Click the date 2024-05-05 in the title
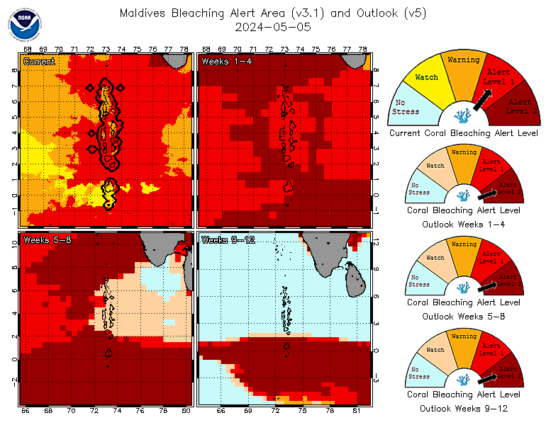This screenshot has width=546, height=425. click(x=273, y=27)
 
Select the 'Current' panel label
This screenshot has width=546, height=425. click(x=39, y=62)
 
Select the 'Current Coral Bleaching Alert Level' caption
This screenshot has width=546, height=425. click(x=464, y=132)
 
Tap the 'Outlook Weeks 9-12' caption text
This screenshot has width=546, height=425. click(x=464, y=409)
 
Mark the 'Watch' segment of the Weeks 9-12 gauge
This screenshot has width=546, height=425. click(x=435, y=351)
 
